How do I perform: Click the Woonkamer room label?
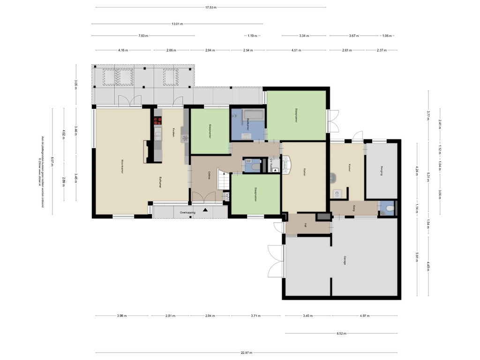click(x=122, y=167)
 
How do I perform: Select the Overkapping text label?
click(x=187, y=212)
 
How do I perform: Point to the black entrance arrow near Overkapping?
click(x=205, y=210)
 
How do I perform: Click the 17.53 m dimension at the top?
click(x=210, y=7)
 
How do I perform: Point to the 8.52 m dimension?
click(x=341, y=334)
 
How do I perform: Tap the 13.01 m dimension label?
click(x=177, y=23)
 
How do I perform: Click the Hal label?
click(x=305, y=225)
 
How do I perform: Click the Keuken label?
click(x=173, y=132)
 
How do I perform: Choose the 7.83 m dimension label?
click(x=143, y=36)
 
